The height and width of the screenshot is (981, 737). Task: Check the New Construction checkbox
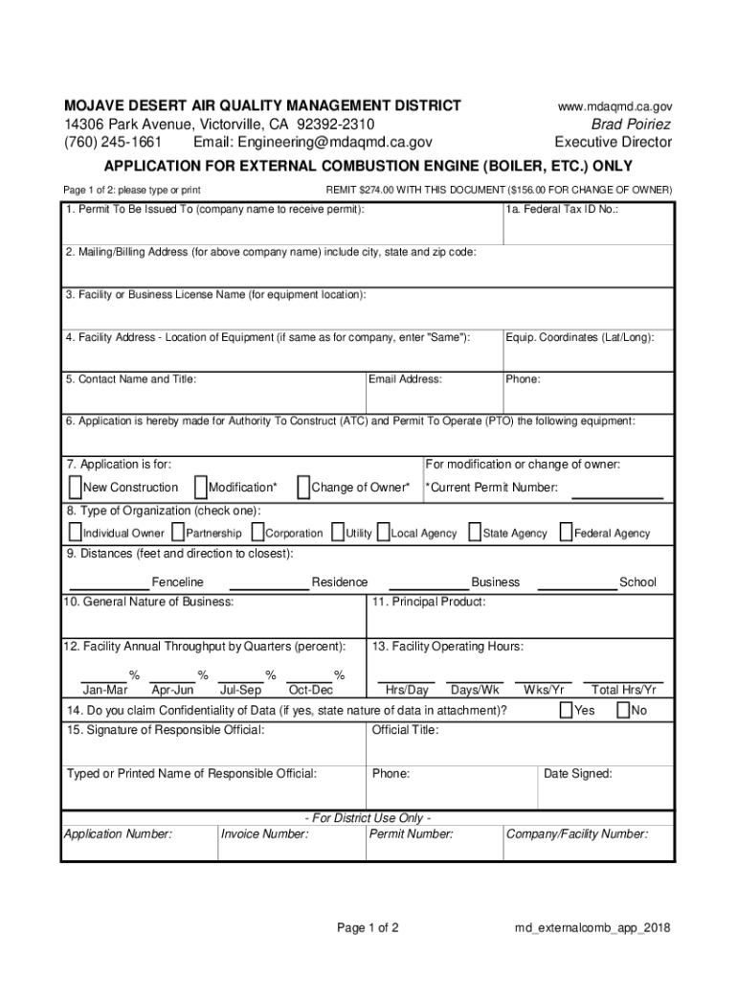(x=76, y=487)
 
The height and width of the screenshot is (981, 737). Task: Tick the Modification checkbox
(x=201, y=487)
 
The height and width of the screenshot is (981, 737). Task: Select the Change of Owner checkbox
(x=303, y=487)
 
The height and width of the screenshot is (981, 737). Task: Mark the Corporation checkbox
(x=258, y=532)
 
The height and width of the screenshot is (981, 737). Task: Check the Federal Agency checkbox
(x=567, y=532)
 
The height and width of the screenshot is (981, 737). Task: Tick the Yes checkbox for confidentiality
(x=566, y=710)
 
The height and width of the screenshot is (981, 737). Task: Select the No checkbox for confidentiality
(x=624, y=710)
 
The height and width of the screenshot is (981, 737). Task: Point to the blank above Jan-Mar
(x=103, y=680)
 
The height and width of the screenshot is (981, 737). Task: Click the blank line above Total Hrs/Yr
(x=623, y=680)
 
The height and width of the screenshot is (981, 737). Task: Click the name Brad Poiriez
(x=631, y=125)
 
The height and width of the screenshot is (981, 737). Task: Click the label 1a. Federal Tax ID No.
(x=563, y=209)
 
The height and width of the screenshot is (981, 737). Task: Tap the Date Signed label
(x=578, y=773)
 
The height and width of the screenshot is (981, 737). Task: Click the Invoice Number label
(x=265, y=834)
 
